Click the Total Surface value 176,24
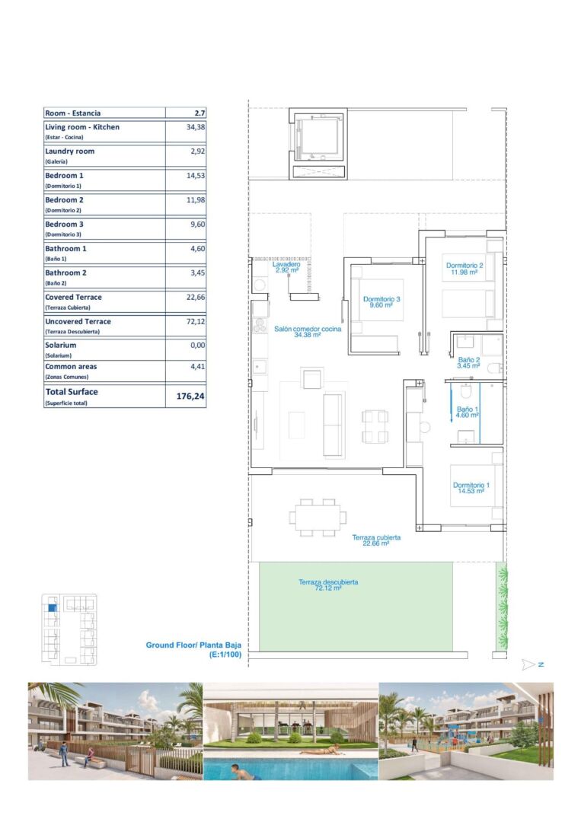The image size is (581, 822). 190,397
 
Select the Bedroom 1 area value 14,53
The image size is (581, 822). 196,176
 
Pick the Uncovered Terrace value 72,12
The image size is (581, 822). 196,321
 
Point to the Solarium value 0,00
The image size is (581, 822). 198,345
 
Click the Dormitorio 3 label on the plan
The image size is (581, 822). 381,302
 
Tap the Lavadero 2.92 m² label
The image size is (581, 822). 286,267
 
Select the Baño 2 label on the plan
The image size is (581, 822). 468,363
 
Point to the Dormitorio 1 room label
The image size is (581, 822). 471,488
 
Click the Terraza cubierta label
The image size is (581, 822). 376,540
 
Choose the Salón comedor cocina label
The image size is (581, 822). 308,332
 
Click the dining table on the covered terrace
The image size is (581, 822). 318,518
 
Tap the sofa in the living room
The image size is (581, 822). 334,425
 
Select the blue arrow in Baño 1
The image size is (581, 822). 451,403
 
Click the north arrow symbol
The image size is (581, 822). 532,664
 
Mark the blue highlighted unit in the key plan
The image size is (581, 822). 51,608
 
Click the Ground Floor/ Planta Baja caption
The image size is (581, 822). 193,649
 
